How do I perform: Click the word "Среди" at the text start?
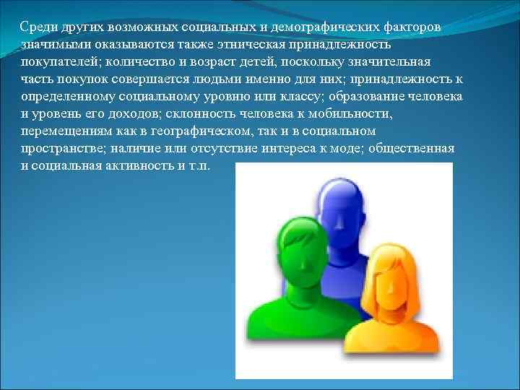(36, 27)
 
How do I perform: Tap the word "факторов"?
(412, 27)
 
